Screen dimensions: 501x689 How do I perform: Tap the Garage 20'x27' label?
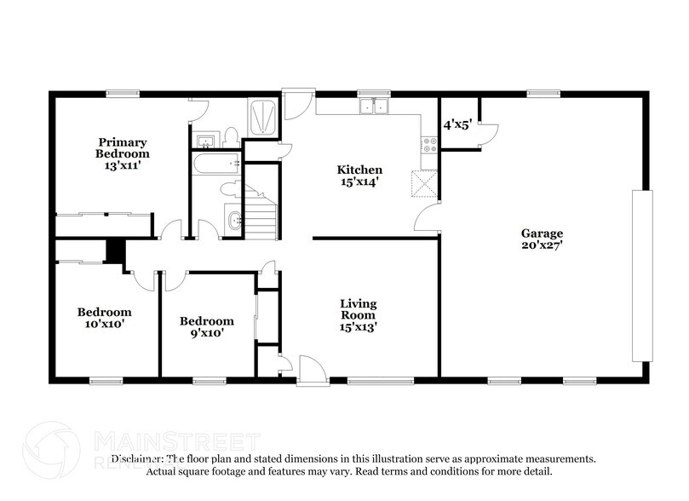click(x=542, y=239)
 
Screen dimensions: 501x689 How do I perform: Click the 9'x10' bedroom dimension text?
click(x=206, y=333)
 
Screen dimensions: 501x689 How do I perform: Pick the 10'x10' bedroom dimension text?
click(x=104, y=324)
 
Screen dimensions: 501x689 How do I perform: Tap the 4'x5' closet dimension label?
click(x=458, y=124)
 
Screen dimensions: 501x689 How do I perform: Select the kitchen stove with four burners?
click(x=428, y=147)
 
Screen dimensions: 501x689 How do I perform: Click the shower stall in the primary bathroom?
click(x=261, y=118)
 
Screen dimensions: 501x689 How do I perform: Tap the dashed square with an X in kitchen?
click(x=424, y=182)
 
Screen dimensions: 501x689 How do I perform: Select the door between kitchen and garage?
click(x=427, y=217)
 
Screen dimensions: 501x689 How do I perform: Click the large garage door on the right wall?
click(x=641, y=277)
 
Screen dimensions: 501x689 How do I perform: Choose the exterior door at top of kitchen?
click(x=298, y=105)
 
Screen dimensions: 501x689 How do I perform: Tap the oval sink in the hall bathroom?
click(x=235, y=221)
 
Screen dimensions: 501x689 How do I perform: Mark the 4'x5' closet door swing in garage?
click(x=489, y=132)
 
